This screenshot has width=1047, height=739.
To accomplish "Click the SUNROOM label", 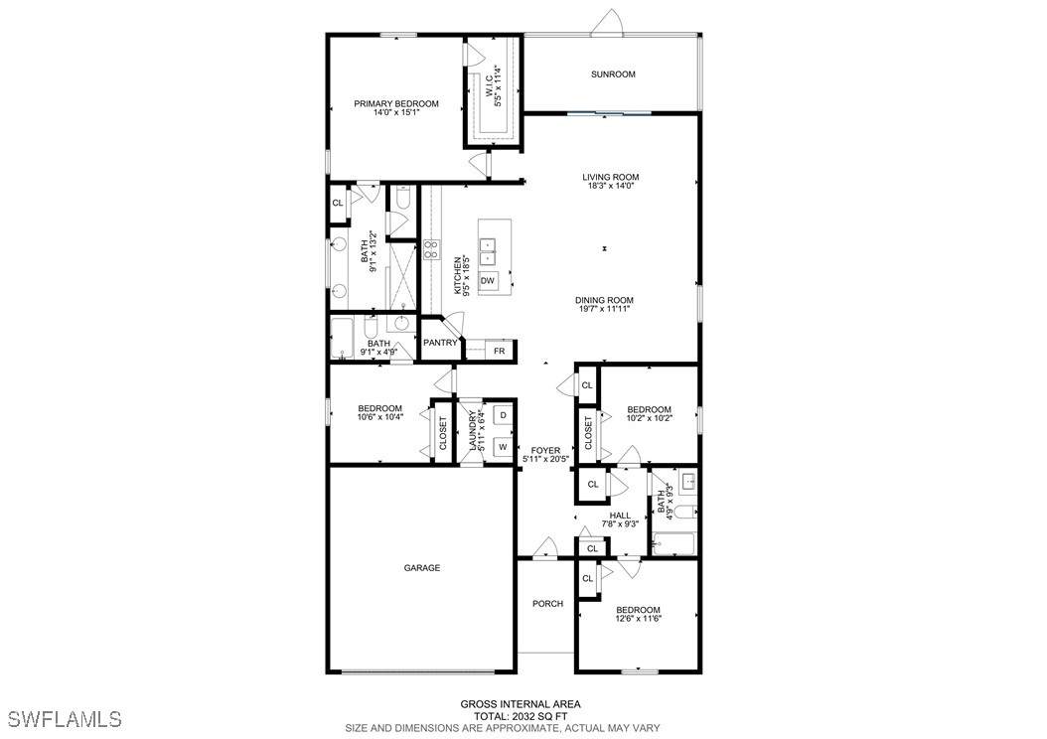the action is coord(613,74).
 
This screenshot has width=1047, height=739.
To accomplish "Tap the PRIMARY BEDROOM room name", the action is coord(396,103).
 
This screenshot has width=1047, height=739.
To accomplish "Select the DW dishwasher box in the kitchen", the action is coord(488,280).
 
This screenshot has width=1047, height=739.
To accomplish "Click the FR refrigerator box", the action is coord(500,351).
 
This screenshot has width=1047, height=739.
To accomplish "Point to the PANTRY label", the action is coord(440,343).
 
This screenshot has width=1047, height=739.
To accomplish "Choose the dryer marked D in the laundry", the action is coord(504,415).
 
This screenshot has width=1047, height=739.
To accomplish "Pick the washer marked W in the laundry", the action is coord(504,447).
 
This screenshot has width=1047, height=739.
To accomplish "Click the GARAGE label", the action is coord(422,568).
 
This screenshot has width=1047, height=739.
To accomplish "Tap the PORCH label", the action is coord(547,604).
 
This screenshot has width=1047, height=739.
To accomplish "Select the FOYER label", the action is coord(545,451).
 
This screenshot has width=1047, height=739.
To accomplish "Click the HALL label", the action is coord(620,516).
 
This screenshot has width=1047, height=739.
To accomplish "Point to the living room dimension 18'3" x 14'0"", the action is coord(610,186).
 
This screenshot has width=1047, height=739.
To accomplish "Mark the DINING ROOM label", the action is coord(604,300).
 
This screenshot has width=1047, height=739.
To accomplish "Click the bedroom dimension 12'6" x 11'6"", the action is coord(639,618).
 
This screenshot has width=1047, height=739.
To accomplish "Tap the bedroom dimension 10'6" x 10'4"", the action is coord(379,417).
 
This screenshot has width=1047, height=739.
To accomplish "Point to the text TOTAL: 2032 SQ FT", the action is coord(521,716).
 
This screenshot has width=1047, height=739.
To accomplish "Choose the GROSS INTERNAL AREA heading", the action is coord(521,704).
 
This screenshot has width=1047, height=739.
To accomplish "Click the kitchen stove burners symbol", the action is coord(432,249).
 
